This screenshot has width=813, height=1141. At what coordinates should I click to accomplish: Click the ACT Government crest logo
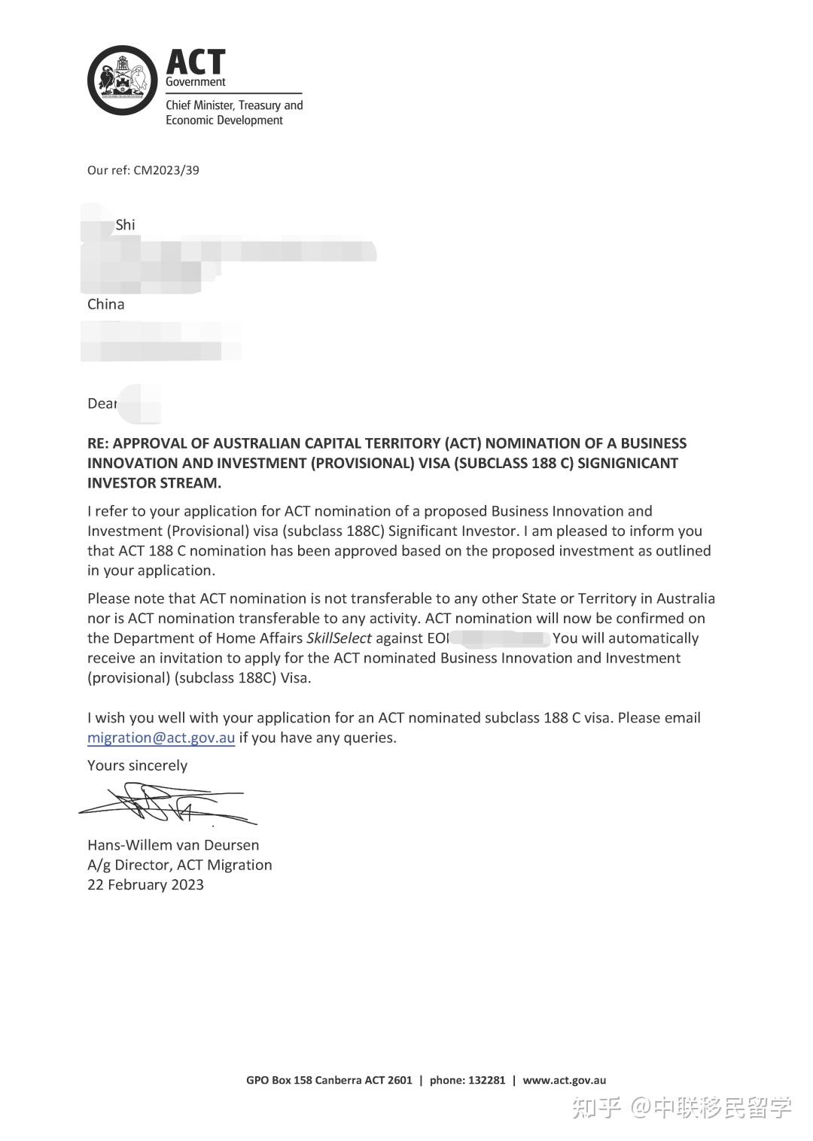(122, 81)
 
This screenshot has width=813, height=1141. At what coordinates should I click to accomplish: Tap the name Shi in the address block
(125, 225)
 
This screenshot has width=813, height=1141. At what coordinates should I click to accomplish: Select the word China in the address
(106, 305)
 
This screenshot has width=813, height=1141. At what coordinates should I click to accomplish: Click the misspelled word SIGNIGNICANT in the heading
(628, 464)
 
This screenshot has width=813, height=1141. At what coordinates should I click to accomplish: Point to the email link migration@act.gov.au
(161, 738)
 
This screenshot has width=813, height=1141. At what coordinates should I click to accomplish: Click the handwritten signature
(167, 805)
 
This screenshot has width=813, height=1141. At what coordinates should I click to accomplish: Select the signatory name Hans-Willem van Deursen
(173, 845)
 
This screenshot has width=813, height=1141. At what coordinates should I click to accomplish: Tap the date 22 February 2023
(145, 885)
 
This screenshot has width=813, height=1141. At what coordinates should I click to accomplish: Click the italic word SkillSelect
(339, 639)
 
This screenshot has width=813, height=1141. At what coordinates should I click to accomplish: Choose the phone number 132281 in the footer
(486, 1081)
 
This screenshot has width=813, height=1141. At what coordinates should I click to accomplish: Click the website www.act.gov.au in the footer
(564, 1081)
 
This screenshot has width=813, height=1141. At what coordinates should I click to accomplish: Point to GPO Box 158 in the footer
(279, 1081)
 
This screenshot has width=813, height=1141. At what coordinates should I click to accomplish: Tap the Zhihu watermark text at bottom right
(681, 1108)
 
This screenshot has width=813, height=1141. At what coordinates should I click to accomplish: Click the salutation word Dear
(102, 404)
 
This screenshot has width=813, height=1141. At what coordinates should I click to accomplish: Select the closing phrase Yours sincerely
(137, 766)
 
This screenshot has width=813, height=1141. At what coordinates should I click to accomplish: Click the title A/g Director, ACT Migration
(179, 866)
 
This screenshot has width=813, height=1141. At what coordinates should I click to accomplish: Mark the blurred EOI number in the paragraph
(500, 639)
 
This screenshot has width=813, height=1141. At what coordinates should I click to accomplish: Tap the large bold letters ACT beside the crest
(196, 62)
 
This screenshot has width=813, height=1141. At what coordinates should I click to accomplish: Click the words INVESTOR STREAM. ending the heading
(154, 483)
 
